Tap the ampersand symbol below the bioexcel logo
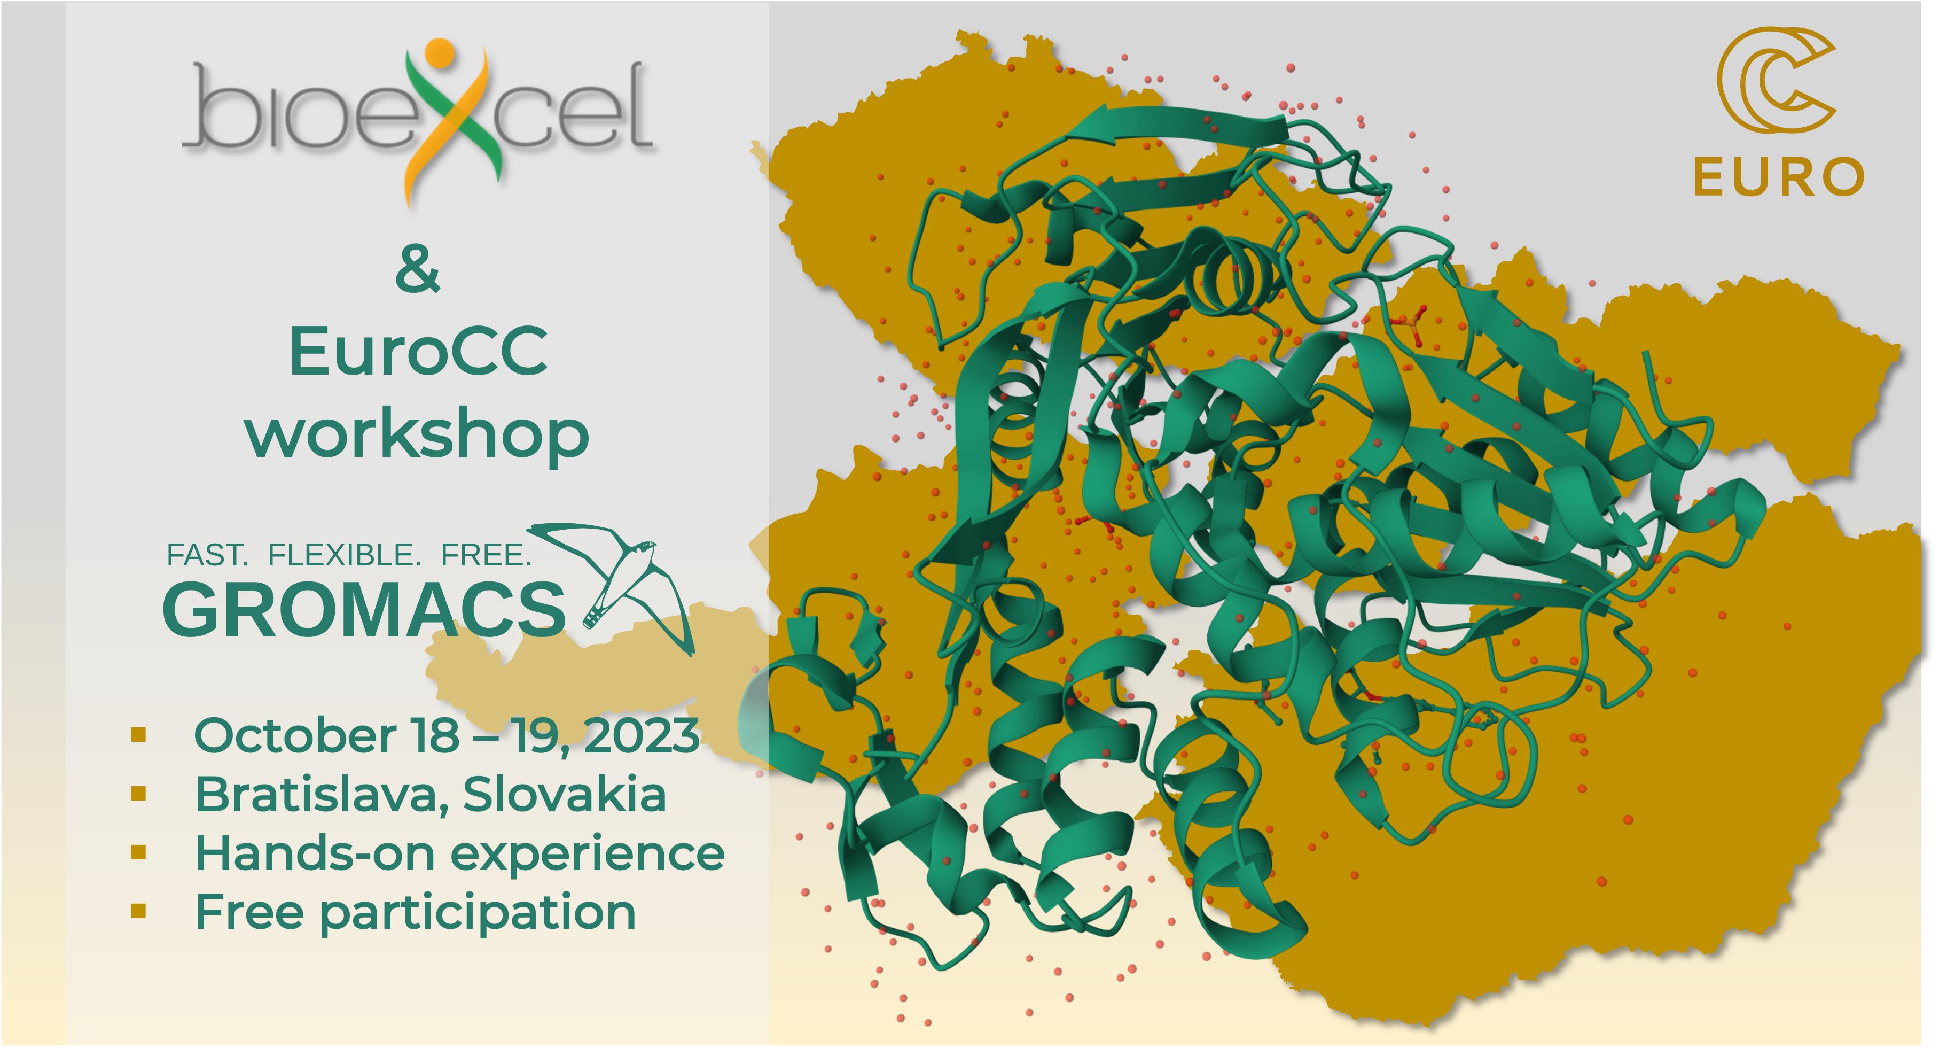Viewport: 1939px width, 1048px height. [x=418, y=269]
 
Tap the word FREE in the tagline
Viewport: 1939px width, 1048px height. [x=486, y=556]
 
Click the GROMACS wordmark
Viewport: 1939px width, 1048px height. [x=364, y=609]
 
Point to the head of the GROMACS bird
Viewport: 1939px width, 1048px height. [x=644, y=547]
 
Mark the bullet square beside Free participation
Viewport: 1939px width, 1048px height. [x=138, y=912]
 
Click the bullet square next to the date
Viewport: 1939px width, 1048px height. [x=138, y=735]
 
